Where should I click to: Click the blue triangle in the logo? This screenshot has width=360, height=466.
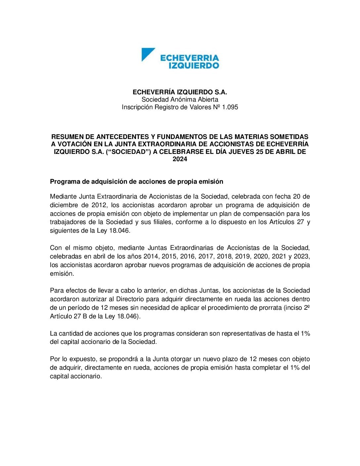[147, 54]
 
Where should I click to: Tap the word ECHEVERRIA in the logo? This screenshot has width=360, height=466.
[190, 58]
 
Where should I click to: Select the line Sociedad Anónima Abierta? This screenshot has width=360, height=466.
[180, 99]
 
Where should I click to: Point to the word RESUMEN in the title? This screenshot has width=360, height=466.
[66, 137]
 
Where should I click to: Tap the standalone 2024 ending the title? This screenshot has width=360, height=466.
[180, 159]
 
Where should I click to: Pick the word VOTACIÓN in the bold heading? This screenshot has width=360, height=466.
[73, 144]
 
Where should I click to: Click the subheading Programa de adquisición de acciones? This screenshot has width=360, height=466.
[136, 182]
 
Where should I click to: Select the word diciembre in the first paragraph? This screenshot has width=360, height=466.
[64, 205]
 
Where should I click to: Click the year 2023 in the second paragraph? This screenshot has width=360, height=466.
[300, 256]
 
